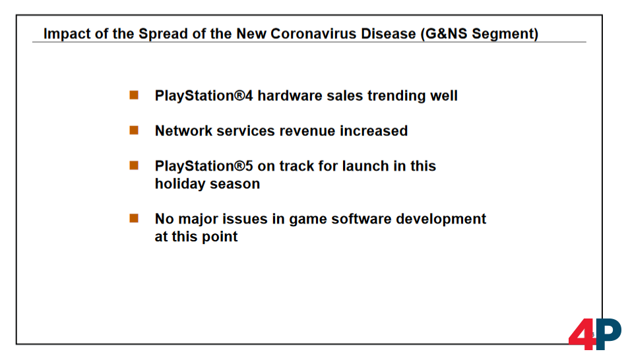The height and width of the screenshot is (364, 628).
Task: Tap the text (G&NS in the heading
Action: [444, 34]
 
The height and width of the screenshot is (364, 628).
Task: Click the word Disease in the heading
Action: [389, 34]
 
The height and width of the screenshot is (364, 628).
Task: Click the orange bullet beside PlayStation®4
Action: [134, 96]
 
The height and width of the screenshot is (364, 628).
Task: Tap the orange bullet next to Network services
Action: [134, 131]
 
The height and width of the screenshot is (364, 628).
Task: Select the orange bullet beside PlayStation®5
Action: [134, 166]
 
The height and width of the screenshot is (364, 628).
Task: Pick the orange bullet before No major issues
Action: [134, 218]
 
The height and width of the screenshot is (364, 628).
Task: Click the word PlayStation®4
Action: [204, 96]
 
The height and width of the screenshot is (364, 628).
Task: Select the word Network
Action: [183, 131]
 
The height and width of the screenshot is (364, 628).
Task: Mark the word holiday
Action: [180, 184]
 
